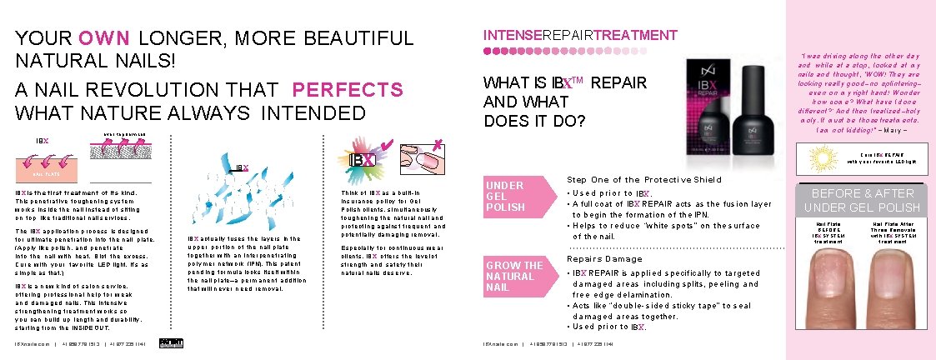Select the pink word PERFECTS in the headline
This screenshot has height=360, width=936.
click(348, 90)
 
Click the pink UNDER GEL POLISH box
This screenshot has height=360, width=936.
click(514, 196)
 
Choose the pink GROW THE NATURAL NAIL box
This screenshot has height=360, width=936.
click(514, 277)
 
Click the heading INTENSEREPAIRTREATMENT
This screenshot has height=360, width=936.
click(580, 35)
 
